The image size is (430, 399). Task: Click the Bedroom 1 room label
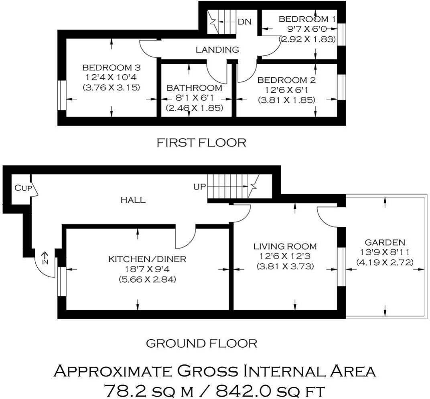click(307, 19)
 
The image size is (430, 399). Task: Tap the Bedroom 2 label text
click(286, 80)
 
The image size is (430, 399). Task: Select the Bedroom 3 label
click(112, 67)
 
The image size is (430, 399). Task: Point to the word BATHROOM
click(195, 88)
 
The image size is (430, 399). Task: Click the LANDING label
click(217, 50)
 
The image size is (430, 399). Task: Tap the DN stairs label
click(245, 22)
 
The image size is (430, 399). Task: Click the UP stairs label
click(200, 187)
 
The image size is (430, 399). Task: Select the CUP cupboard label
click(23, 188)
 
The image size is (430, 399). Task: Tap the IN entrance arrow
click(45, 258)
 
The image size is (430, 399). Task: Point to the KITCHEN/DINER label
click(147, 259)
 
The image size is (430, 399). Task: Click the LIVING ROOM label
click(285, 246)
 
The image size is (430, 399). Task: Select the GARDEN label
click(385, 242)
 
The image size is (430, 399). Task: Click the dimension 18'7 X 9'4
click(147, 269)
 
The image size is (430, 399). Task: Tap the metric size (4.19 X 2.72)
click(385, 263)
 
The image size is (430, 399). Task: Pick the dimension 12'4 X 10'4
click(112, 77)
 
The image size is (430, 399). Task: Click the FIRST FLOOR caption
click(201, 142)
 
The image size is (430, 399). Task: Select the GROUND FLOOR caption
click(201, 344)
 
